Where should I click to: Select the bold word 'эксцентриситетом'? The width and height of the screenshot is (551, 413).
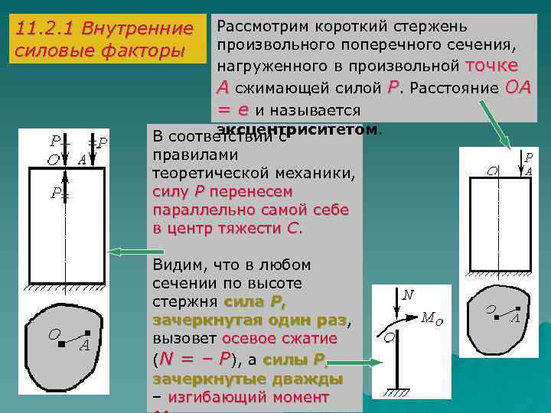298,129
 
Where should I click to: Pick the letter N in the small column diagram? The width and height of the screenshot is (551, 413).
408,294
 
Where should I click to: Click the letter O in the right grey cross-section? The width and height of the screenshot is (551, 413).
491,309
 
